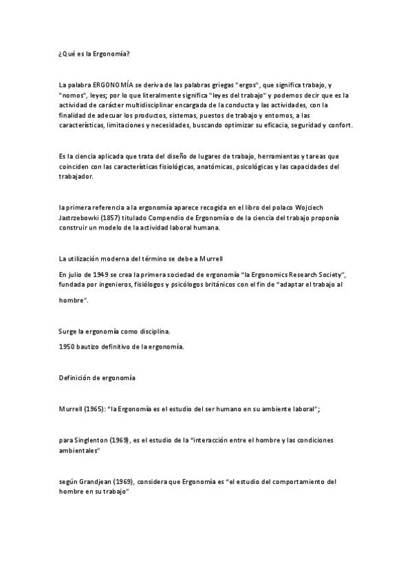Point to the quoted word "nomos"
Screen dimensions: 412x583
tap(72, 95)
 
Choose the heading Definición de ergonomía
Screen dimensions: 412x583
tap(97, 378)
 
